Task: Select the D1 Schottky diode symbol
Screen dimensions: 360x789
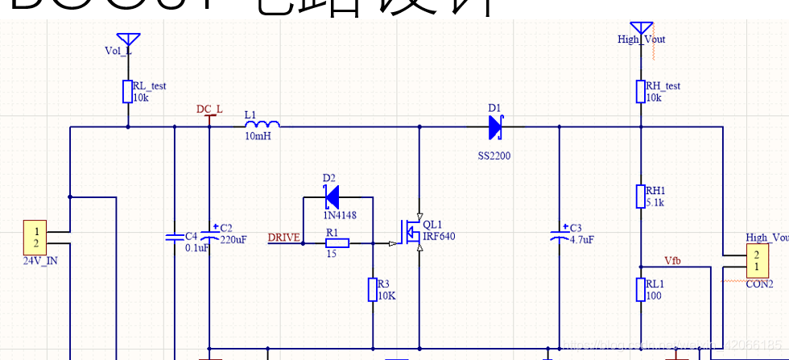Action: tap(495, 126)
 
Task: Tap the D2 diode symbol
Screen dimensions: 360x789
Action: tap(330, 196)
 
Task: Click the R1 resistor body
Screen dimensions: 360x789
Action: tap(337, 242)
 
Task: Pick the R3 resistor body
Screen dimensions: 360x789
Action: tap(373, 290)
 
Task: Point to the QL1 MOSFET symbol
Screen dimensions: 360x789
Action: tap(412, 233)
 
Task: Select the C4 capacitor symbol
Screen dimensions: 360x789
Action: tap(174, 238)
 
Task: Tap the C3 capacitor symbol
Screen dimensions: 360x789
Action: tap(560, 238)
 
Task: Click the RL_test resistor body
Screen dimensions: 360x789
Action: tap(127, 91)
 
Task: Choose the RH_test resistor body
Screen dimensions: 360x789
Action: tap(640, 91)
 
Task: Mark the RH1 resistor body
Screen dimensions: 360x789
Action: tap(640, 197)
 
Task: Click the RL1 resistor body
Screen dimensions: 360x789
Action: tap(640, 289)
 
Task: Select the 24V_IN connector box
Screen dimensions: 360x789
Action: tap(35, 238)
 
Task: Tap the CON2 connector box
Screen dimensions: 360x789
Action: tap(755, 261)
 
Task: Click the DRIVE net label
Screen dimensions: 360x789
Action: tap(283, 238)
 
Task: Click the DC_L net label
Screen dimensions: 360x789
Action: tap(209, 110)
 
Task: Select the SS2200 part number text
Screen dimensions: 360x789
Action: tap(494, 155)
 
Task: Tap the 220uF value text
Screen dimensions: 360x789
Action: tap(233, 239)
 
